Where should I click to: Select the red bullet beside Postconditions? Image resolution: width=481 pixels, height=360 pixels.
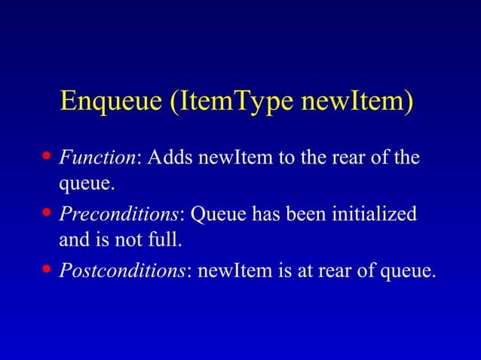[47, 269]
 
